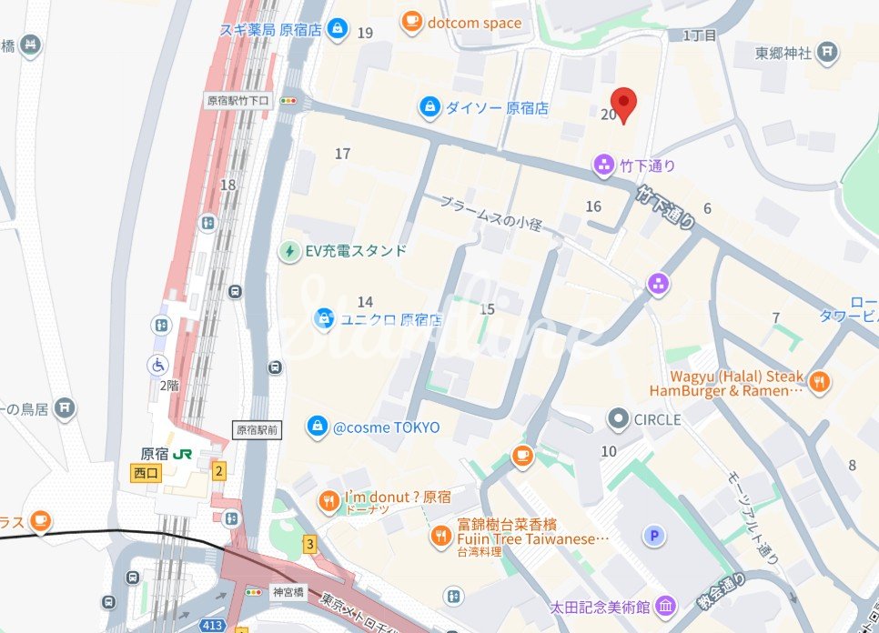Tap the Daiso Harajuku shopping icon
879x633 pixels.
429,107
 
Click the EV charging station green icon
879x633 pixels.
289,250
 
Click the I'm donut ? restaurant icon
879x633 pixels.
328,499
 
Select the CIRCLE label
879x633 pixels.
657,420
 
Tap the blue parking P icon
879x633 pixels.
653,536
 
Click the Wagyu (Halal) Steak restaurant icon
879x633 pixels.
819,382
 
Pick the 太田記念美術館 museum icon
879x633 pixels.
665,606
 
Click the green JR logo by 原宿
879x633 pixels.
183,454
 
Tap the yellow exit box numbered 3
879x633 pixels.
309,545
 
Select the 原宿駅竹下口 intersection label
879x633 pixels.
238,101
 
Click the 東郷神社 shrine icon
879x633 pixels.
827,53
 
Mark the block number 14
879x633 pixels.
365,302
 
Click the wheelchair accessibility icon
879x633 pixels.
158,365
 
